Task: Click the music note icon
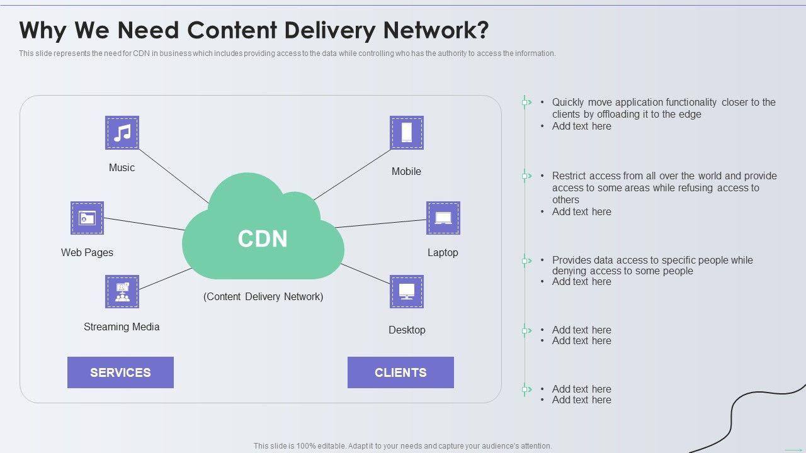(x=122, y=133)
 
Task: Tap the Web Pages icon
(x=87, y=218)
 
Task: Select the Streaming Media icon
(x=122, y=291)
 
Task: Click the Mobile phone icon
(x=407, y=133)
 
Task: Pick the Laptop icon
(x=443, y=218)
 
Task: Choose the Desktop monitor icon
(x=407, y=291)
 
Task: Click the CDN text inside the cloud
(x=263, y=239)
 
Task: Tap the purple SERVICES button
(x=120, y=372)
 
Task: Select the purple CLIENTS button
(x=400, y=372)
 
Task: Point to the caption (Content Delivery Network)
(x=263, y=296)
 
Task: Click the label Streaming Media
(x=122, y=327)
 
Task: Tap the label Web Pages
(x=87, y=252)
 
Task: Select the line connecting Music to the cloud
(x=173, y=176)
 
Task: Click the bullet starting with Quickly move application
(x=663, y=108)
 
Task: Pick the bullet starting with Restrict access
(x=664, y=187)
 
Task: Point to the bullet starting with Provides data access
(x=652, y=265)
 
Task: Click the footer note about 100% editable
(x=403, y=446)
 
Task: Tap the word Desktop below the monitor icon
(x=407, y=330)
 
